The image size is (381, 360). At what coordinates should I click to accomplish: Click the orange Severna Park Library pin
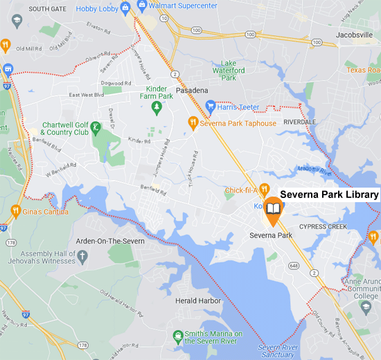274,210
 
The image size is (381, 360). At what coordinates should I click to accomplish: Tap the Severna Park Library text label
329,195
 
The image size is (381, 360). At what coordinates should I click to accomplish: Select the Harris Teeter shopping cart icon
210,106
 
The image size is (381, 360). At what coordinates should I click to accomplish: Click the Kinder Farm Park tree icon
157,107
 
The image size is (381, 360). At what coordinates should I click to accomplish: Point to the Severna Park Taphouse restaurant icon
195,123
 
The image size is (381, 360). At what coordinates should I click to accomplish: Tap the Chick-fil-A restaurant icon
264,190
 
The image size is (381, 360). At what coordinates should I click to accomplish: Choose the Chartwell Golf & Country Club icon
96,127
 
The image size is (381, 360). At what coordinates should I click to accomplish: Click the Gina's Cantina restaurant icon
15,210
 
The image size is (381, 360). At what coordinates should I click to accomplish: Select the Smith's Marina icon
178,336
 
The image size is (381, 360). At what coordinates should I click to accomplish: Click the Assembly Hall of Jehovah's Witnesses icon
82,258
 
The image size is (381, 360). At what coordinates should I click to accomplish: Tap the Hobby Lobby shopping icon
125,8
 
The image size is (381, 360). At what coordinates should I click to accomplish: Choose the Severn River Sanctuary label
276,350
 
